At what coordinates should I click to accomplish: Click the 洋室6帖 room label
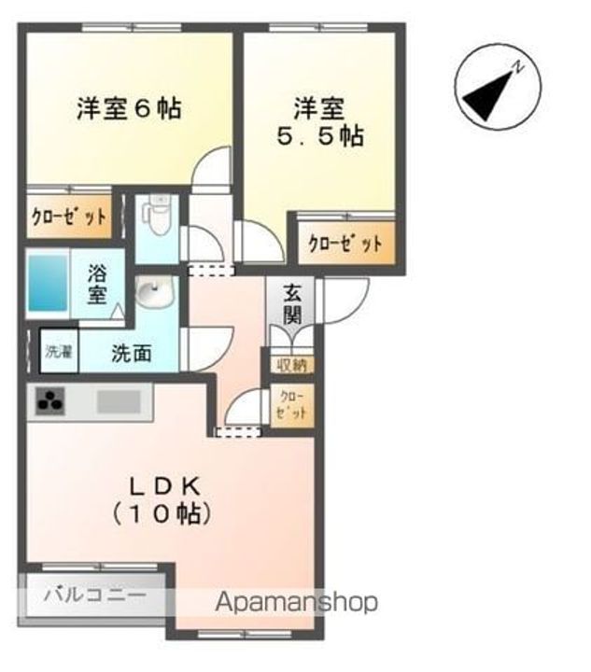pyautogui.click(x=128, y=108)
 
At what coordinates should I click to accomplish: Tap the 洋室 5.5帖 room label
pyautogui.click(x=318, y=120)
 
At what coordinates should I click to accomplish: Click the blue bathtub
pyautogui.click(x=47, y=282)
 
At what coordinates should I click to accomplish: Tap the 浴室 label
pyautogui.click(x=97, y=285)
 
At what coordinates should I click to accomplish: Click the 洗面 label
pyautogui.click(x=132, y=355)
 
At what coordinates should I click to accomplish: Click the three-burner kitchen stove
pyautogui.click(x=50, y=403)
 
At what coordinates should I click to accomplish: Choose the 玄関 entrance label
pyautogui.click(x=293, y=302)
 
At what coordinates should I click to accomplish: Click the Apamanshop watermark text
pyautogui.click(x=297, y=602)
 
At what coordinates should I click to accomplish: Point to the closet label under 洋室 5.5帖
pyautogui.click(x=345, y=245)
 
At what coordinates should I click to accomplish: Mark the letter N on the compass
pyautogui.click(x=521, y=65)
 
